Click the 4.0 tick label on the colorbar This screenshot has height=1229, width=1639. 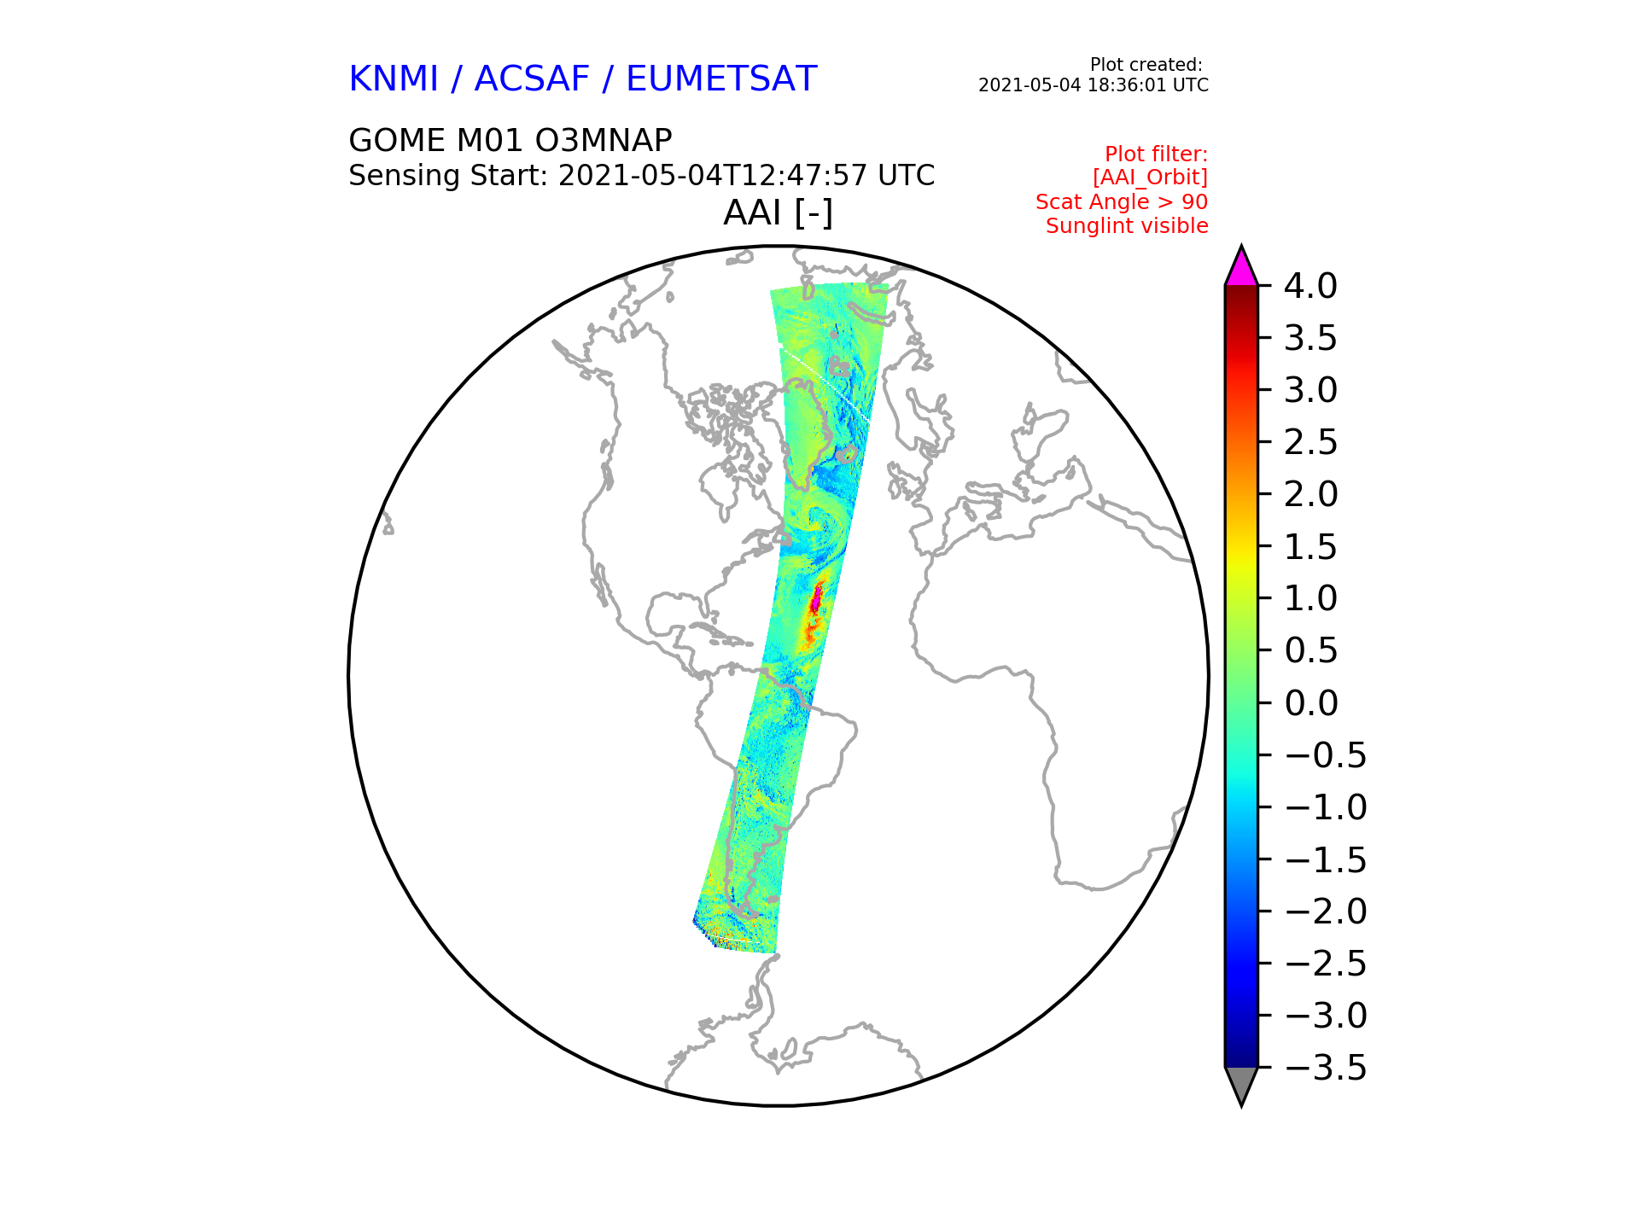[x=1310, y=286]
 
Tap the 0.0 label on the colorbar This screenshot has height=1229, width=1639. [x=1310, y=703]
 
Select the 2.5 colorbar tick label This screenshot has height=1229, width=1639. [x=1310, y=442]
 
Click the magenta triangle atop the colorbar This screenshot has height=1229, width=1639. [x=1241, y=267]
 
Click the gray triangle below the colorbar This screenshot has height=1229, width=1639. [x=1241, y=1085]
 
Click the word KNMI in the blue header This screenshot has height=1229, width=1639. [x=394, y=79]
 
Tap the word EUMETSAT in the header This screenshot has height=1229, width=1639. [x=721, y=79]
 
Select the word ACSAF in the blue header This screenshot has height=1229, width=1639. [x=532, y=79]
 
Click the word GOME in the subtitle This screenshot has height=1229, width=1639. [x=397, y=140]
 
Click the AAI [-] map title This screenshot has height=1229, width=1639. [x=778, y=213]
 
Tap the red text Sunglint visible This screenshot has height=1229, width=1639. [x=1127, y=226]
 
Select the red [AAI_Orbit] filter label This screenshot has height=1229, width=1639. [x=1150, y=178]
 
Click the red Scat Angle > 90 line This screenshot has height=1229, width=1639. [x=1122, y=202]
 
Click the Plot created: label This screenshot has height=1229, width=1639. [x=1146, y=65]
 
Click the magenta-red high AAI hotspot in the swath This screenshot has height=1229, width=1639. [x=816, y=598]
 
